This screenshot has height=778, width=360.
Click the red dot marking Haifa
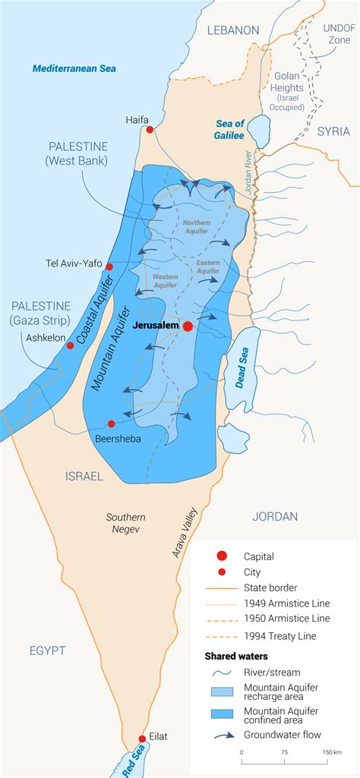pyautogui.click(x=150, y=130)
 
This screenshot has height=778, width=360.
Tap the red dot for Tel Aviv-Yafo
pyautogui.click(x=109, y=266)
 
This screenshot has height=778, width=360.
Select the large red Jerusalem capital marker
pyautogui.click(x=188, y=326)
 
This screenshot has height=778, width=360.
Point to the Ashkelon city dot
pyautogui.click(x=70, y=345)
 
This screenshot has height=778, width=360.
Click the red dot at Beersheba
pyautogui.click(x=111, y=424)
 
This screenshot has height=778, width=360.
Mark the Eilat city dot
pyautogui.click(x=142, y=739)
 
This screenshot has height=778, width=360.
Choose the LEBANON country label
pyautogui.click(x=233, y=30)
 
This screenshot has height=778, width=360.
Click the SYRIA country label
pyautogui.click(x=333, y=131)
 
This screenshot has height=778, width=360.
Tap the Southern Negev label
pyautogui.click(x=125, y=523)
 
